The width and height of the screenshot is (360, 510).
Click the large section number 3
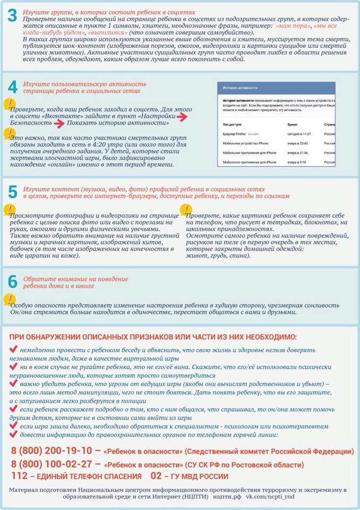(x=13, y=16)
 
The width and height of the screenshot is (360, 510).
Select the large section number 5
(x=13, y=192)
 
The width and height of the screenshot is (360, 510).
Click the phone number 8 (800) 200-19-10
(x=52, y=450)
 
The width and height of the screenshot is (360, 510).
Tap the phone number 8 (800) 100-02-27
(x=52, y=463)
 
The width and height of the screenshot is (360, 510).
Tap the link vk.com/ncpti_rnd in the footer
(x=276, y=497)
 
